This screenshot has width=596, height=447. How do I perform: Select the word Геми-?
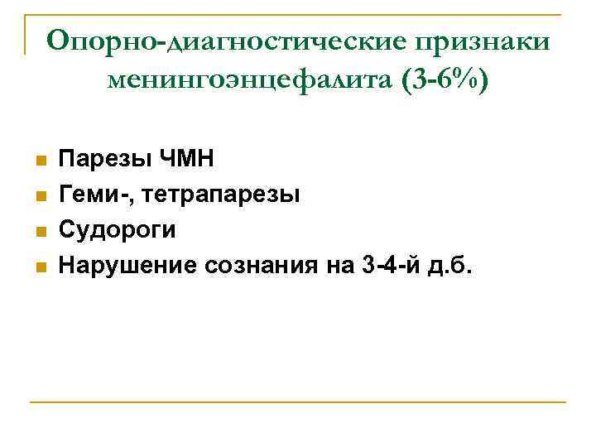click(x=94, y=195)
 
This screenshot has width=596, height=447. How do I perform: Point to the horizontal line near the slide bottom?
click(x=298, y=402)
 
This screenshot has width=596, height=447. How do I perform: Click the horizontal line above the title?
click(x=298, y=14)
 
